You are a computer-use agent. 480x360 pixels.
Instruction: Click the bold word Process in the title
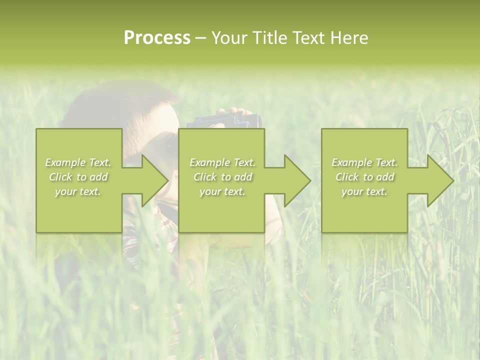(x=157, y=38)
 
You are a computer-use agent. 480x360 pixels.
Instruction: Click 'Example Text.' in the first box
(x=78, y=162)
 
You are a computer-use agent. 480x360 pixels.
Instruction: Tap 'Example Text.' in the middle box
(x=222, y=162)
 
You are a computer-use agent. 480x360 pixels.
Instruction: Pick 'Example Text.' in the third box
(x=364, y=162)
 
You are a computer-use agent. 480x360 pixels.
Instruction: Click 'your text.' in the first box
(x=78, y=191)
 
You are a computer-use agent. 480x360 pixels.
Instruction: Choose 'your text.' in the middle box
(x=222, y=191)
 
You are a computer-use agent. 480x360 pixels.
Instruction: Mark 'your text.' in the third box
(x=364, y=191)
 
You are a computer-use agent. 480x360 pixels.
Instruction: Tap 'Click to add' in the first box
(x=78, y=177)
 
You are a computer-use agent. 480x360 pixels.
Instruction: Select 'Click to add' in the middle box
(x=222, y=177)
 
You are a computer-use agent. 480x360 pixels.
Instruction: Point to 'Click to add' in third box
(x=364, y=177)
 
